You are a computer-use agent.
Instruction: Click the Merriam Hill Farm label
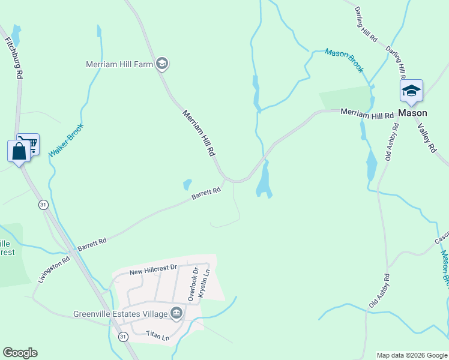[119, 64]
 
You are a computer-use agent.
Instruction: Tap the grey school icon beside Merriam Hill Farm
[161, 64]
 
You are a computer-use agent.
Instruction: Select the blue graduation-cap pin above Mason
[411, 91]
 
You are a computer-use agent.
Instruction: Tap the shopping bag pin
[19, 151]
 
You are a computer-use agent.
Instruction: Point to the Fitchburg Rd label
[14, 58]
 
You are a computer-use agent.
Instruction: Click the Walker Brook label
[65, 140]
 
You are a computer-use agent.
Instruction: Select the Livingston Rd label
[54, 269]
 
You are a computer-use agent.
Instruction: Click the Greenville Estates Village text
[120, 313]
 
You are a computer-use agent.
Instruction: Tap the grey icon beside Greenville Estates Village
[176, 312]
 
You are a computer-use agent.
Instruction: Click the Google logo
[20, 353]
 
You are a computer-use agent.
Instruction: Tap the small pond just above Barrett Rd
[187, 184]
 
